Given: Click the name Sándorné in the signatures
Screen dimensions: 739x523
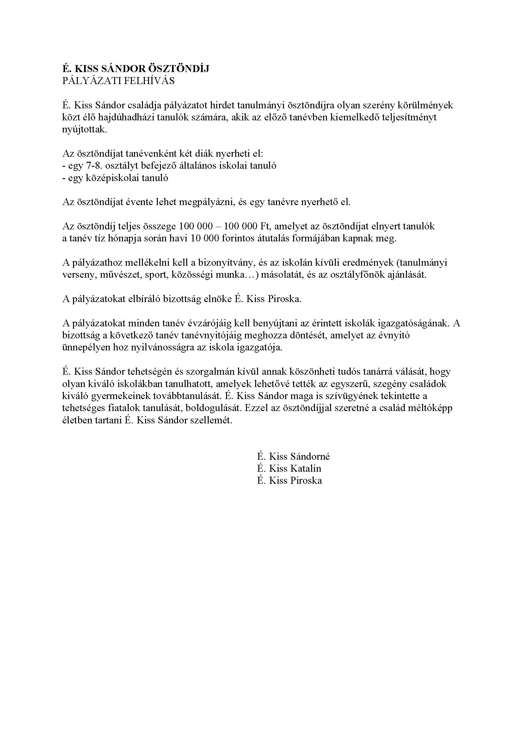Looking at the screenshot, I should (x=310, y=457).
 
